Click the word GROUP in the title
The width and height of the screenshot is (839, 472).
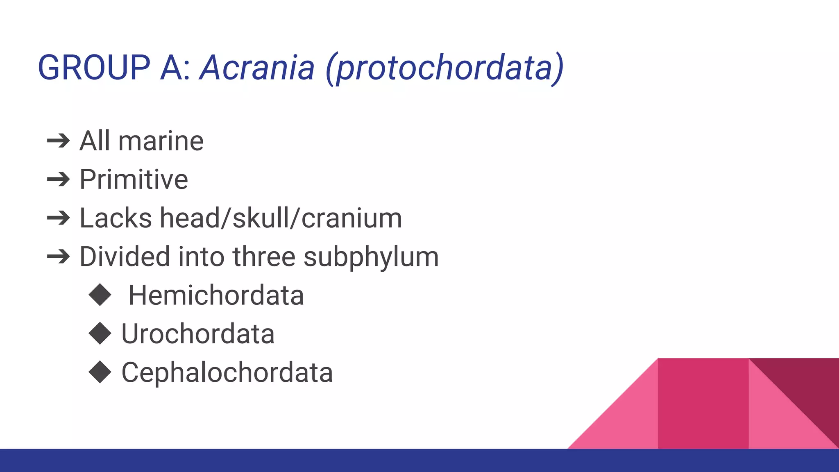pos(94,68)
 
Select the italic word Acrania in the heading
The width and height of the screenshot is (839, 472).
pos(257,68)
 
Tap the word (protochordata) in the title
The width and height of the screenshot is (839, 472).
pos(445,68)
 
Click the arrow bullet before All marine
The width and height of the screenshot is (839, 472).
pos(59,141)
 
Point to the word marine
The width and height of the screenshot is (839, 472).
pos(161,141)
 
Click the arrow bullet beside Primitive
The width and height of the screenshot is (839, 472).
pos(59,179)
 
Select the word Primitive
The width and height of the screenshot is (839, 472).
pos(134,179)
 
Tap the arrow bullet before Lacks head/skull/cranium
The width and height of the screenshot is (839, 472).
pos(59,218)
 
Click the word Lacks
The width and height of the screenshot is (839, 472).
pos(116,218)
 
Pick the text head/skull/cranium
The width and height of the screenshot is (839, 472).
pos(281,218)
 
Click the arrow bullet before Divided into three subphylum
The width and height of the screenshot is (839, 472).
pos(59,257)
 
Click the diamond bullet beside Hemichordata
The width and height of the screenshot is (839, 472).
pos(100,295)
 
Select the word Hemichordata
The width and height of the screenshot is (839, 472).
pos(216,295)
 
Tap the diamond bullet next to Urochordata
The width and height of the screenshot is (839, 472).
pos(100,333)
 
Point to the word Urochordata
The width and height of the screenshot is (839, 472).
pos(198,334)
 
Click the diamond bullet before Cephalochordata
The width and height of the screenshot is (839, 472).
pos(100,372)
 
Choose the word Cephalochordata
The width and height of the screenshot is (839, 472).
pos(227,373)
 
